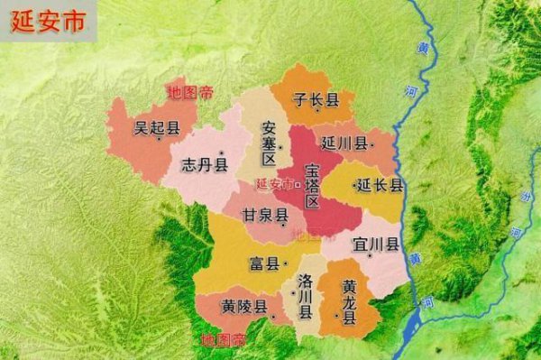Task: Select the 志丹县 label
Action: coord(204,164)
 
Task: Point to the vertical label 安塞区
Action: coord(268,143)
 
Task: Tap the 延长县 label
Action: coord(380,186)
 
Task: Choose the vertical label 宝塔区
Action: coord(312,186)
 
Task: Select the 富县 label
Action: coord(263,264)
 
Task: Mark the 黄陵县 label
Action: coord(244,307)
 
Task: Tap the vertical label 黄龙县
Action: coord(349,302)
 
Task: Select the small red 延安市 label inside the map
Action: coord(274,184)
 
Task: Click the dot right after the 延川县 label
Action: coord(370,143)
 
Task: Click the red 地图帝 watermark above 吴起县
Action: coord(190,91)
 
